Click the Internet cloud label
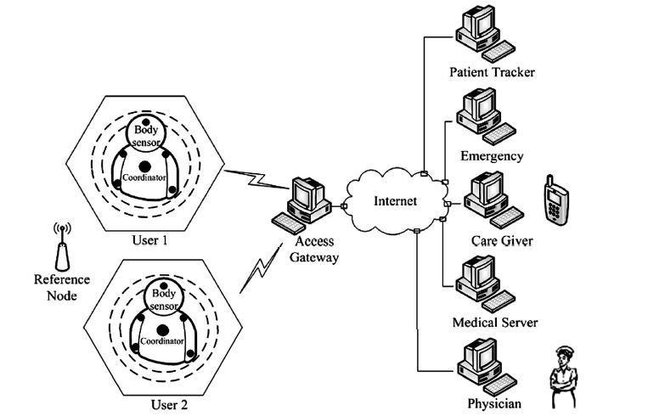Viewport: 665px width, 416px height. (395, 201)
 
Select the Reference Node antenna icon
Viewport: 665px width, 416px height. (62, 247)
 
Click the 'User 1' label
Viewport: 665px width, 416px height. (149, 241)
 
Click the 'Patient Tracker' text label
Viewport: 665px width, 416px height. (492, 72)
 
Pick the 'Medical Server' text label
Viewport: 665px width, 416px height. (494, 323)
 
